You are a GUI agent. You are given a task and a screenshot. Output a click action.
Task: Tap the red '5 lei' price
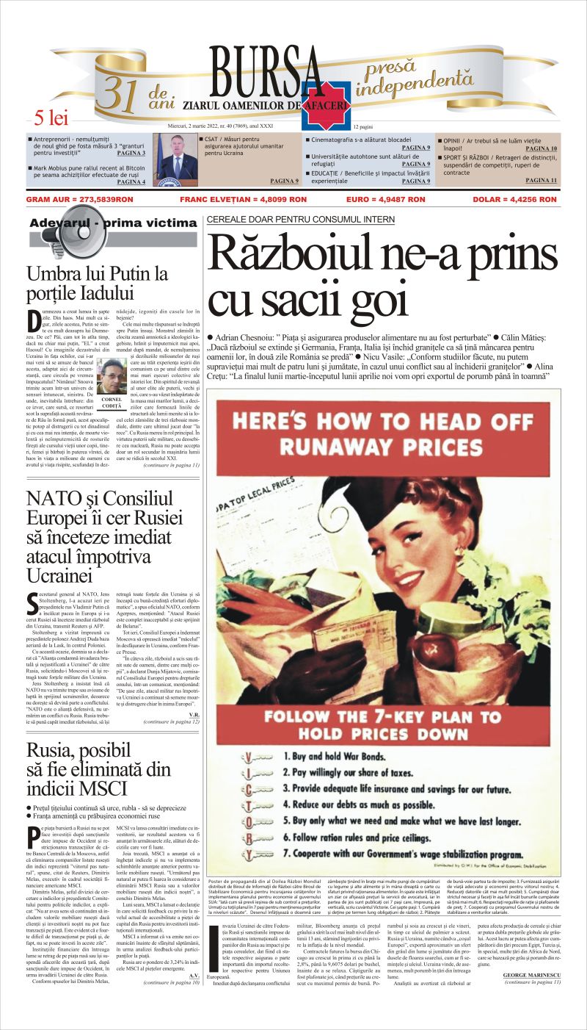click(50, 118)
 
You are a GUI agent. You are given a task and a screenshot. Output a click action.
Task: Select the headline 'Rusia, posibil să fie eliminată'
click(98, 768)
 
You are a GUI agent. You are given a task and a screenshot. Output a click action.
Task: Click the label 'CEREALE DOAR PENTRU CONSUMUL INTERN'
click(301, 219)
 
